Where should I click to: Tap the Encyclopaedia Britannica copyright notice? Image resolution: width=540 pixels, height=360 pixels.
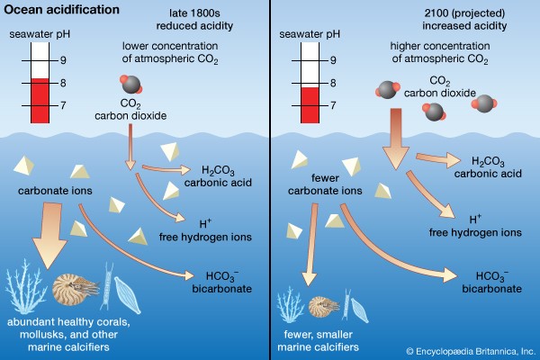point(469,350)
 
